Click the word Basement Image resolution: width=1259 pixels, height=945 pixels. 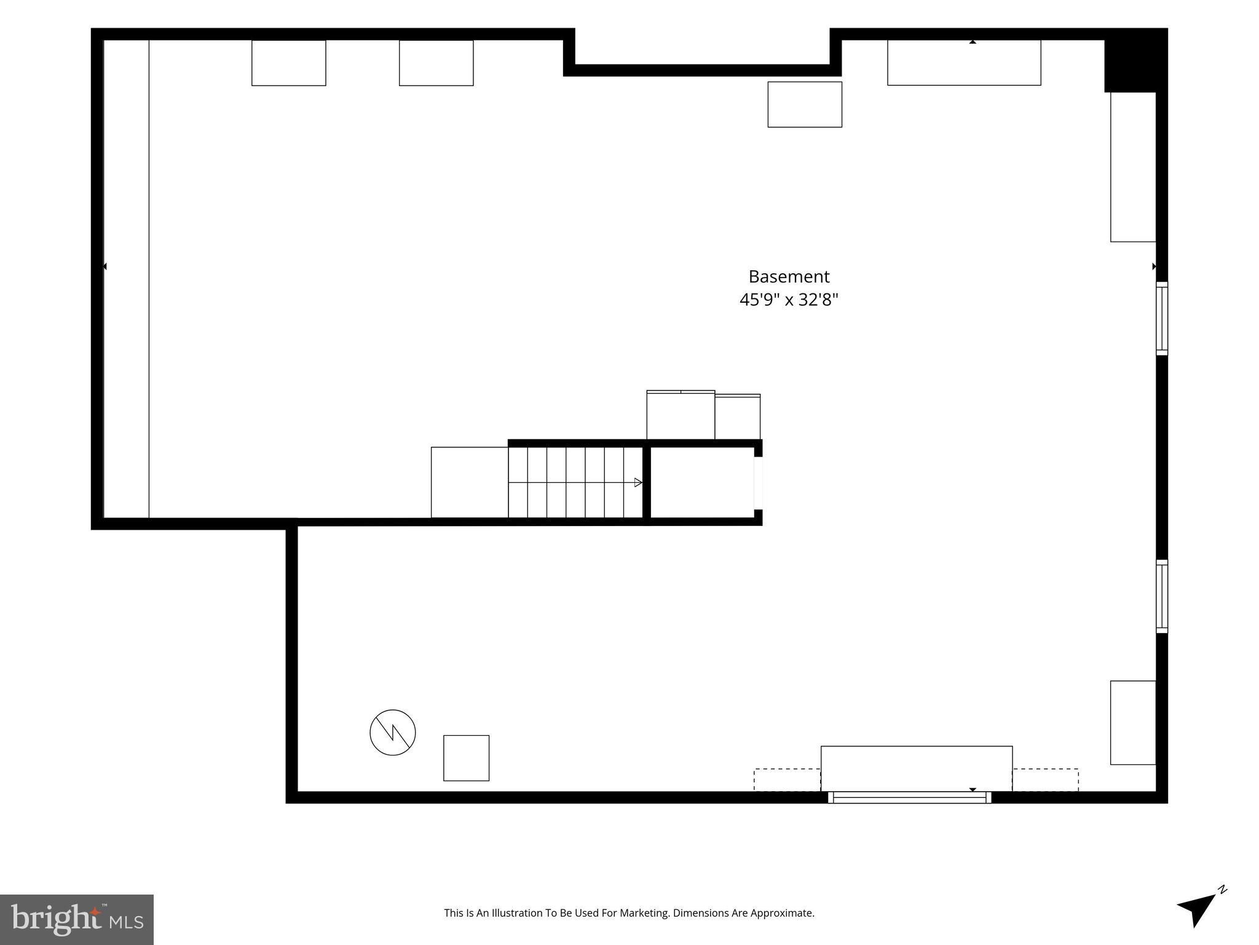click(x=789, y=277)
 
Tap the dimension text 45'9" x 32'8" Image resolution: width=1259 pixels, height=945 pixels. click(x=789, y=300)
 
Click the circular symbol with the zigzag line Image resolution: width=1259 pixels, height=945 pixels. click(x=393, y=732)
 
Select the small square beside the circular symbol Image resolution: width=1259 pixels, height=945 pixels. click(x=467, y=758)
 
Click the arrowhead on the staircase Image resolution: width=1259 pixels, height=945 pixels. click(x=638, y=483)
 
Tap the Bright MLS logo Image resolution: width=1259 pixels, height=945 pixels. click(x=77, y=920)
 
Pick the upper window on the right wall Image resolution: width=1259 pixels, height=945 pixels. click(x=1162, y=319)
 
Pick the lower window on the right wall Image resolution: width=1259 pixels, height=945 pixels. click(x=1162, y=596)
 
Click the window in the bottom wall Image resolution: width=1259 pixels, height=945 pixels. click(x=910, y=797)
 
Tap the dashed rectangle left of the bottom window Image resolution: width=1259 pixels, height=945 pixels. click(x=787, y=780)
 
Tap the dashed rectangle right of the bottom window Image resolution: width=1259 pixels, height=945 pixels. click(x=1046, y=780)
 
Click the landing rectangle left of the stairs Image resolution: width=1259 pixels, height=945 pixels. click(x=470, y=482)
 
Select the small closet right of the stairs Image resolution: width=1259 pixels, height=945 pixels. click(x=703, y=482)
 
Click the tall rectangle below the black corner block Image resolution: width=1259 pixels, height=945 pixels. click(x=1133, y=167)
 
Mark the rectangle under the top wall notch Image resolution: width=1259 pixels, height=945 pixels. click(x=805, y=105)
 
